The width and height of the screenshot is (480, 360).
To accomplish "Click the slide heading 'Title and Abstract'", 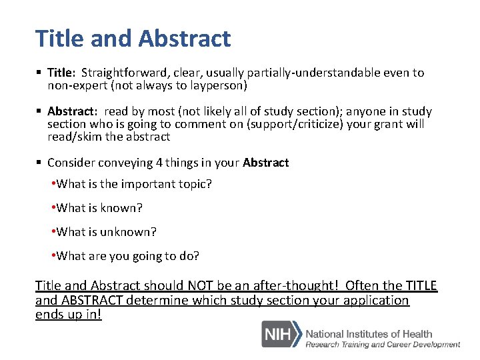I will pos(133,39).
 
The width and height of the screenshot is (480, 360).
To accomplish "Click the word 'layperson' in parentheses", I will pos(216,85).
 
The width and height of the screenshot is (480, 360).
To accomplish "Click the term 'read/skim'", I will pos(74,137).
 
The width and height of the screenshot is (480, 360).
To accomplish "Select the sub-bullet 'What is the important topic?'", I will pos(133,184).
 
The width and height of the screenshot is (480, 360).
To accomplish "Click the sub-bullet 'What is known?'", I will pos(99,208).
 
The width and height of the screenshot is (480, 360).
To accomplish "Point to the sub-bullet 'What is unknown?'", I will pos(106,232).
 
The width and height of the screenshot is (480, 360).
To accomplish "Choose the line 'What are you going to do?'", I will pos(127,256).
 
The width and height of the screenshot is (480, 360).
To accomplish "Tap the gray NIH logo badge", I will pos(279,334).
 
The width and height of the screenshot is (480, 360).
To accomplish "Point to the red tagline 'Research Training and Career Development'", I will pos(383,345).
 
